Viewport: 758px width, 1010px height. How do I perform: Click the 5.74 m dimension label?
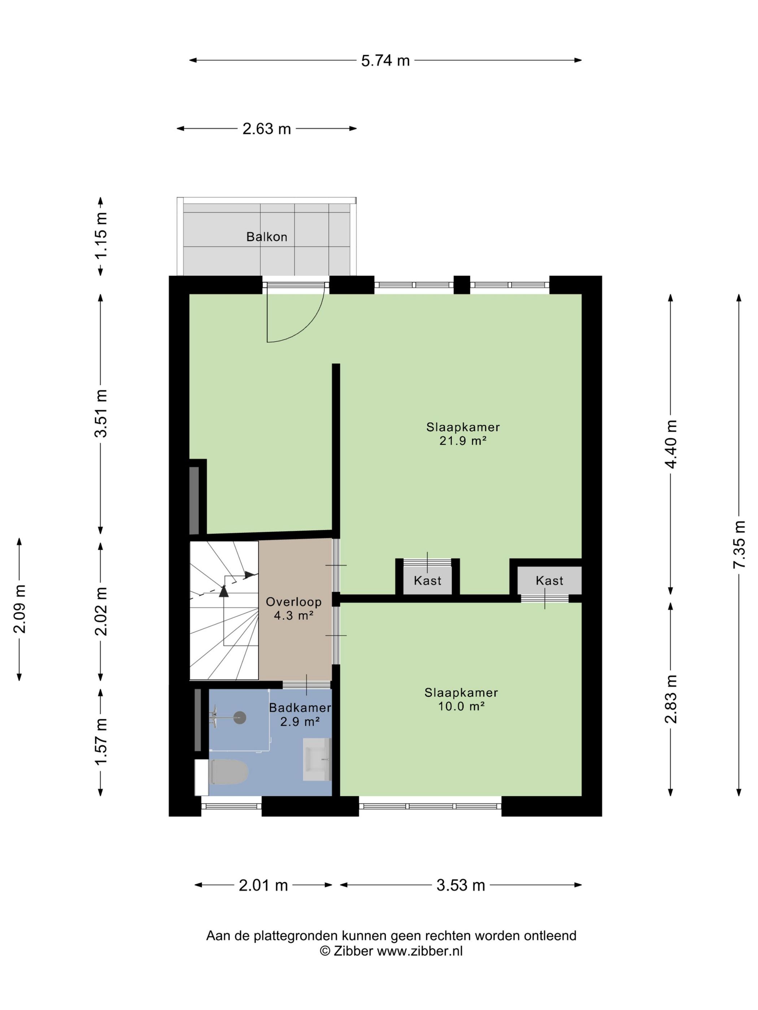tap(385, 60)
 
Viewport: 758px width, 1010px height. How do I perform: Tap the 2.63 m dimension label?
tap(266, 129)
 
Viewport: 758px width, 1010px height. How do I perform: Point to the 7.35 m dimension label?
tap(739, 544)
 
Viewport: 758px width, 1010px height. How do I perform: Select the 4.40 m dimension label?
tap(671, 444)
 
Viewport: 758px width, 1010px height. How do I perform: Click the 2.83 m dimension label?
tap(671, 699)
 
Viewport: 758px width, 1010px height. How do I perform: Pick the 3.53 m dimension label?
tap(460, 885)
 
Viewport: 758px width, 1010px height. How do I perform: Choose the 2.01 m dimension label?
tap(263, 885)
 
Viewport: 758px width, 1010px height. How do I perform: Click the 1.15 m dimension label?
tap(101, 235)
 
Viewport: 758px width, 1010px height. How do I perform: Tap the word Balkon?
tap(267, 237)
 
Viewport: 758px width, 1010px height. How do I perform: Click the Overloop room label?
tap(294, 602)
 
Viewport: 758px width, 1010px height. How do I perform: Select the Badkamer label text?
tap(300, 708)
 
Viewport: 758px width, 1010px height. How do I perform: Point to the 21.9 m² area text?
tap(463, 441)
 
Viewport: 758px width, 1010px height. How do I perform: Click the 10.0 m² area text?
tap(461, 706)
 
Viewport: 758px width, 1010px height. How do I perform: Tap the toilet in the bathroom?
tap(222, 772)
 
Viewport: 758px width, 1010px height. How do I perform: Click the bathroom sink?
tap(317, 759)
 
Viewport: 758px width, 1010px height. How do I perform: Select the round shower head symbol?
tap(240, 718)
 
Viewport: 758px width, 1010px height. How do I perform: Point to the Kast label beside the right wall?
tap(549, 581)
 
